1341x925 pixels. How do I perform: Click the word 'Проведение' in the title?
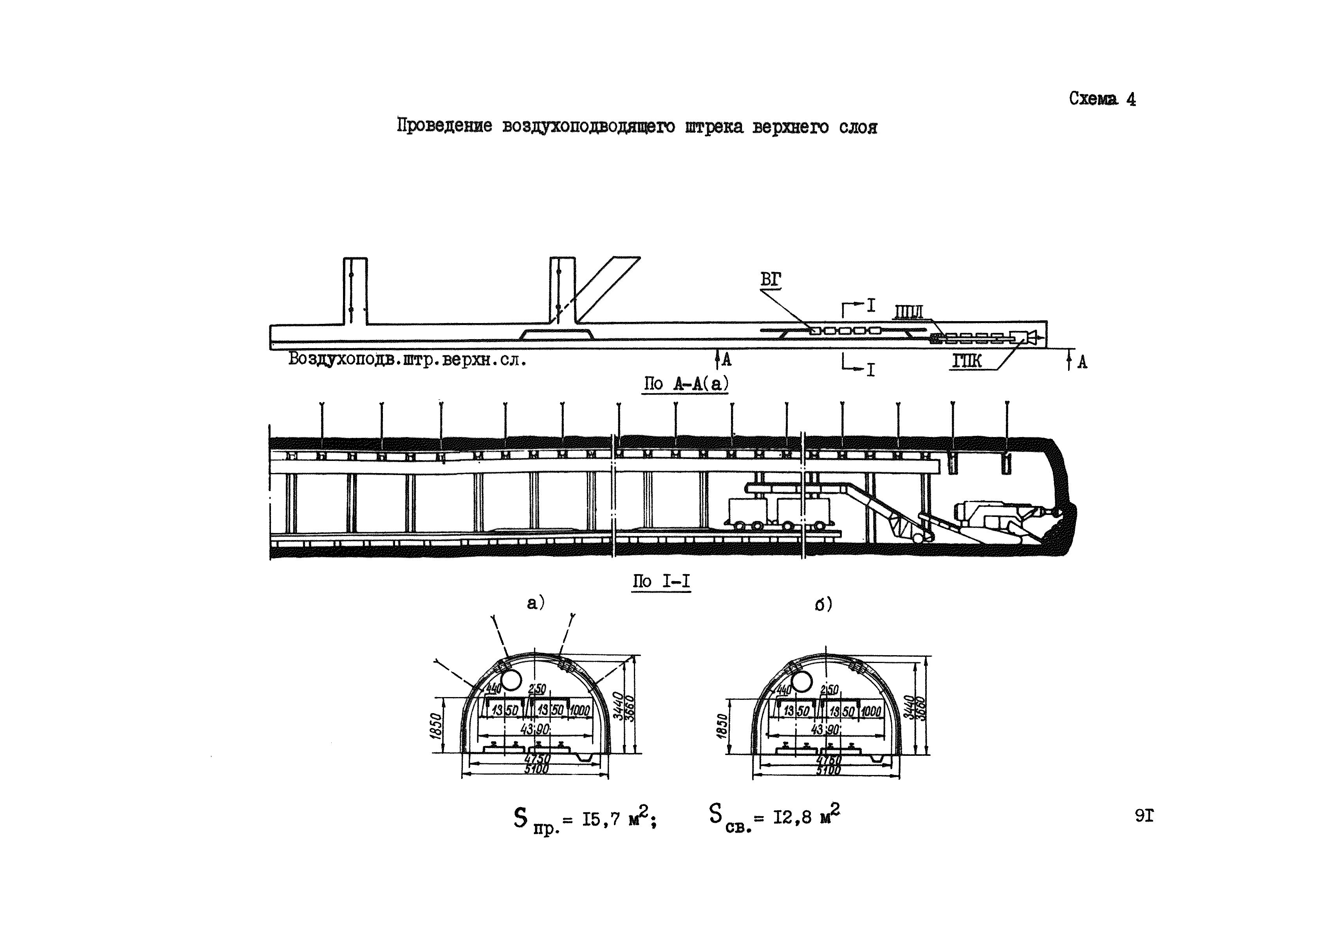[x=444, y=126]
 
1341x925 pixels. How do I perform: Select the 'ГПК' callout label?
[x=967, y=361]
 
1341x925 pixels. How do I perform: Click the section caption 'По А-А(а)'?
[x=686, y=384]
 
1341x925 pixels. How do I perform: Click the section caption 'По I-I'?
[x=661, y=581]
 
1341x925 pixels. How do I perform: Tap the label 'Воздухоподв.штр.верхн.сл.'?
[x=408, y=360]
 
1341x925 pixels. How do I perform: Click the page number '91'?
[x=1144, y=816]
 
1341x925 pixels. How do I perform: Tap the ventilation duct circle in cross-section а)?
[x=511, y=680]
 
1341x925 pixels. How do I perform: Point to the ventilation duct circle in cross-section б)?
[x=801, y=682]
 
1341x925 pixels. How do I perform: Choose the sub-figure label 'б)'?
[x=823, y=605]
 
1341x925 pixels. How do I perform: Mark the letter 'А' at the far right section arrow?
[x=1082, y=362]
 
